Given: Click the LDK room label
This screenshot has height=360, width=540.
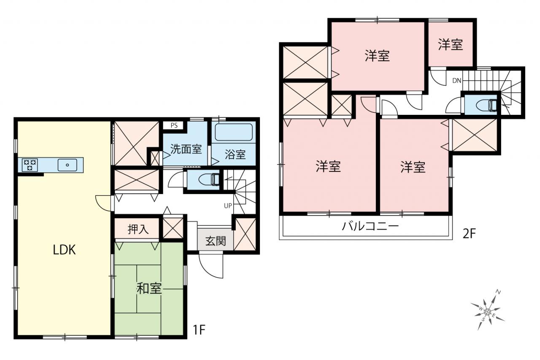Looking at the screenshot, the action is point(64,250).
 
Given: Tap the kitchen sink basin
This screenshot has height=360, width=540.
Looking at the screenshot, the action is point(67,165).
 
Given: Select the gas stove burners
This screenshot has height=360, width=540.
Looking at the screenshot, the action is point(30,165).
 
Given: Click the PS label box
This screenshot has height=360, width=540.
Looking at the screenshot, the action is point(174,125).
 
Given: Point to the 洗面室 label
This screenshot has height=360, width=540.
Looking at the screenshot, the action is point(186,149).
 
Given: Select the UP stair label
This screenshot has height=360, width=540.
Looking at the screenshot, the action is point(228,206).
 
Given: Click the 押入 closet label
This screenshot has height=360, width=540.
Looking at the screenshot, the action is point(138,229).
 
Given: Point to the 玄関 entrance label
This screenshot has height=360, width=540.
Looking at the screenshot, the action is point(216,241).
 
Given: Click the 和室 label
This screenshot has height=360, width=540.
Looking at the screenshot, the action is point(149,288).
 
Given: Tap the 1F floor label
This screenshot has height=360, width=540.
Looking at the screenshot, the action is point(199,330).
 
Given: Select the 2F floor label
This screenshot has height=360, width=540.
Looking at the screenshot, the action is point(469,233).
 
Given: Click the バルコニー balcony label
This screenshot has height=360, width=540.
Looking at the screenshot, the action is point(370,226).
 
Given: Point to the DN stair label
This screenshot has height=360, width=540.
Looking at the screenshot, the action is point(456,81).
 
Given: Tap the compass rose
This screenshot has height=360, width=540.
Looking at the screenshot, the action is point(487,312).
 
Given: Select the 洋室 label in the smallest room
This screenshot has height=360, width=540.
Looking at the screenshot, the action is point(450,45).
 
